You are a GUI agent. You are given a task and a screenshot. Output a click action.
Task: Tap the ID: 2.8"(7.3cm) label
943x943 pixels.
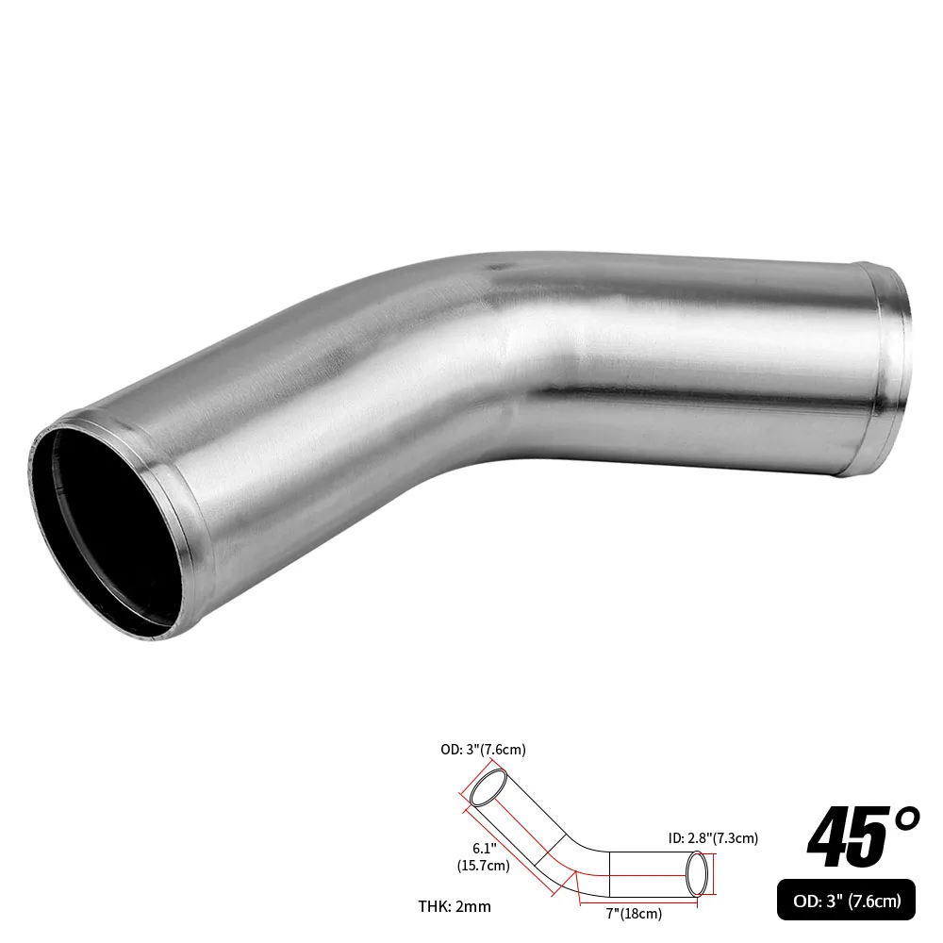713,836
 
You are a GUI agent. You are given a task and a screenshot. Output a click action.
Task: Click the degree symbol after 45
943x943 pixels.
903,817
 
